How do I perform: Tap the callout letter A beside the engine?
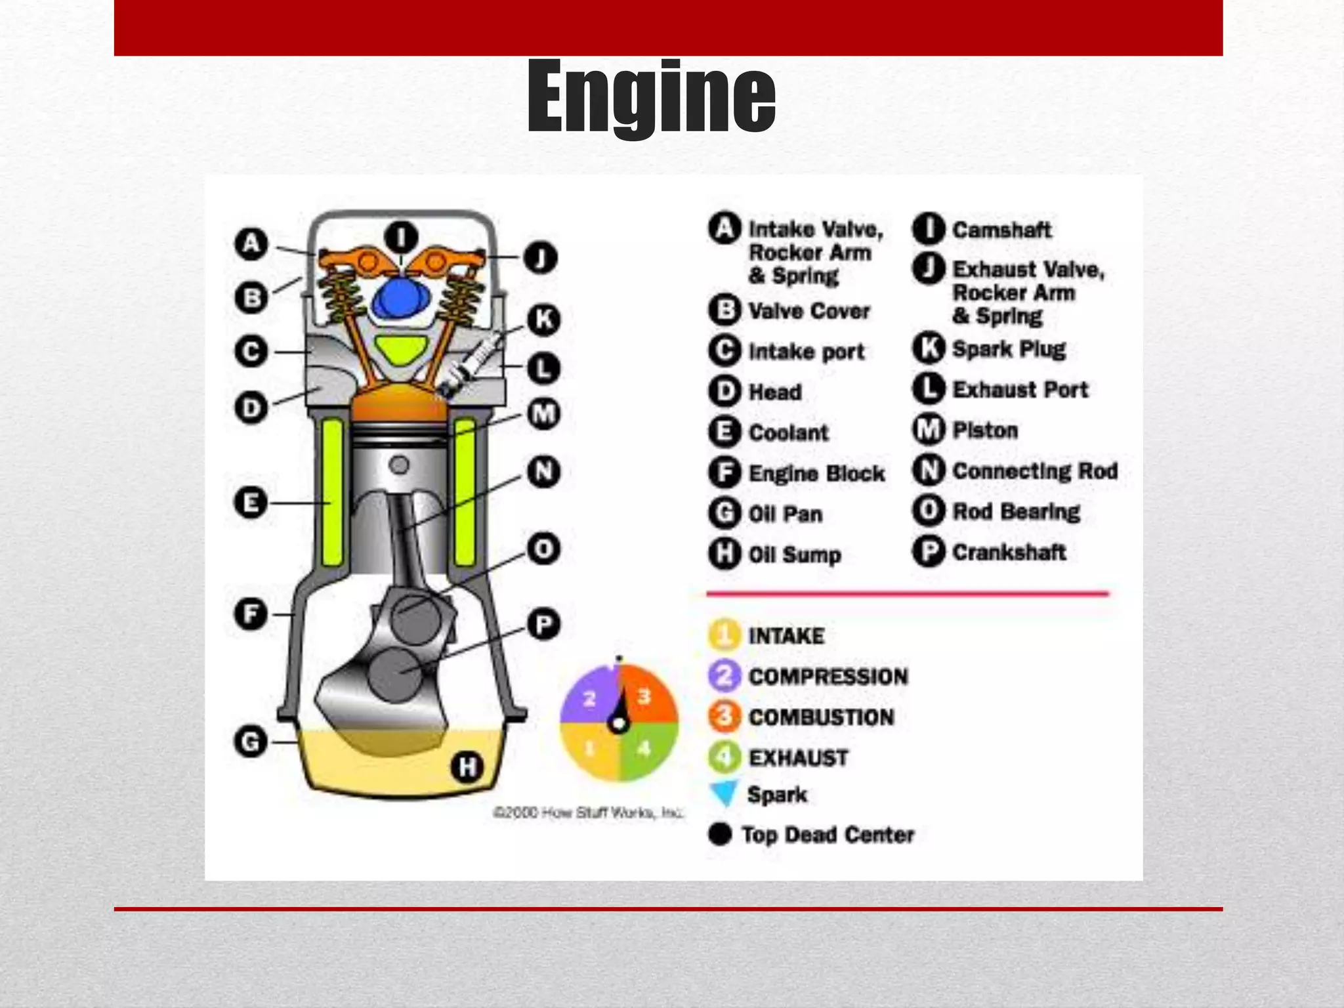(x=251, y=244)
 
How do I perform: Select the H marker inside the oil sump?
(x=467, y=766)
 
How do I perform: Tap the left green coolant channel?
(x=332, y=492)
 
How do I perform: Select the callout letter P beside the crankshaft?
(x=543, y=624)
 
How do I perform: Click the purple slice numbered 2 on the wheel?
(x=588, y=697)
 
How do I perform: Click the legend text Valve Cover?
(x=808, y=311)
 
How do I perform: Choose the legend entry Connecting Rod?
(x=1034, y=471)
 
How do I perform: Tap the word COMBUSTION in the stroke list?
(x=821, y=717)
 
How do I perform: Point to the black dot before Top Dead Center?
(x=720, y=834)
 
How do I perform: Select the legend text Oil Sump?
(x=794, y=555)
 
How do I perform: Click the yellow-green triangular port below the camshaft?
(x=400, y=350)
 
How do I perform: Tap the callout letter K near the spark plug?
(x=544, y=320)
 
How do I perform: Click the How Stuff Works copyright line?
(x=587, y=813)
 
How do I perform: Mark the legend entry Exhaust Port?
(x=1020, y=390)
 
